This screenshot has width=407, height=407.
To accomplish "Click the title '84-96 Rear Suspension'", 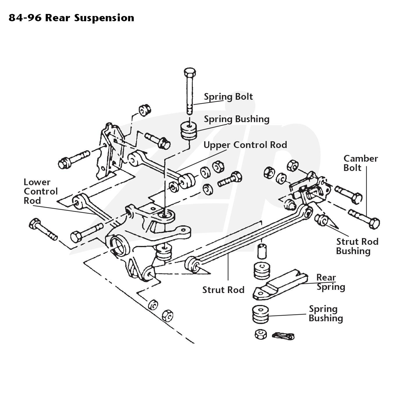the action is pos(72,18).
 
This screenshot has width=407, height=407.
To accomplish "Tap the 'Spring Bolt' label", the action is pos(228,97).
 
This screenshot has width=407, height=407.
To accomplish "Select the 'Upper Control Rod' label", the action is pos(245,145).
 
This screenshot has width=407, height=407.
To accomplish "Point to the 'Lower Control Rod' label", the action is pos(40,191).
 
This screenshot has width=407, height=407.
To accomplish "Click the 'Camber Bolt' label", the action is pos(360,163).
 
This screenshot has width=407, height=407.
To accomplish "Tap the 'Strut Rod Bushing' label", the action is pos(357,246).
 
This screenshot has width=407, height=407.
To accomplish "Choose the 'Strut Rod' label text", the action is pos(223,290).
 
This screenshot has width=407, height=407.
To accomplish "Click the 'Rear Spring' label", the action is pos(331,282).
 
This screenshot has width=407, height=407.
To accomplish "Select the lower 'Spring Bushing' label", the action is pos(326,314).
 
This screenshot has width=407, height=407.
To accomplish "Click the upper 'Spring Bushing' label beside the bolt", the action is pos(237,119).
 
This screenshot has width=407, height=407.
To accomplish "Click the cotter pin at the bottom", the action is pos(283,336).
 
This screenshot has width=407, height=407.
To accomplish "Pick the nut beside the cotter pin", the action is pos(261,334).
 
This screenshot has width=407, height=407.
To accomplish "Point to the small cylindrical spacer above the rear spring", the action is pos(262,251).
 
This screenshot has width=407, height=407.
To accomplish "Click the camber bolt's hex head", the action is pos(374,223).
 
